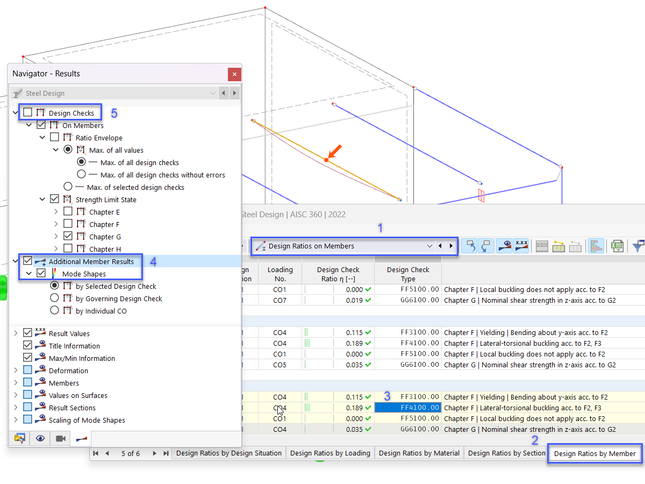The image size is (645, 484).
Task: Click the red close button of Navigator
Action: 234,74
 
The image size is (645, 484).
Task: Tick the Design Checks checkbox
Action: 27,112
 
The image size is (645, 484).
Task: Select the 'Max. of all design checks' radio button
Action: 81,162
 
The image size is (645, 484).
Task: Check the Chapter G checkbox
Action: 68,236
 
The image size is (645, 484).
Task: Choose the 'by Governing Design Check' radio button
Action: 54,298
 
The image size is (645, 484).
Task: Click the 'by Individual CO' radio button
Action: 54,310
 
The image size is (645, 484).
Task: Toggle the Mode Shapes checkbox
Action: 41,273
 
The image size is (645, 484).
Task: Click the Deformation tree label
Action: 68,371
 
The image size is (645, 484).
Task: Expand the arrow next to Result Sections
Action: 15,408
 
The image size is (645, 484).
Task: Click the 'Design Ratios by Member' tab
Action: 594,453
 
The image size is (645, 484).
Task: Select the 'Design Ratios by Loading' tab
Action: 330,453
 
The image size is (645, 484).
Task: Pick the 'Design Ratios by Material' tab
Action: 419,453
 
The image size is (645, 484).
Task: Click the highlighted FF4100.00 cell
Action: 408,408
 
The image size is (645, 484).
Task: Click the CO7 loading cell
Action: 279,300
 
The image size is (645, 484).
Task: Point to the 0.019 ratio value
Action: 354,300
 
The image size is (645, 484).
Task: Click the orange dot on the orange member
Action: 326,160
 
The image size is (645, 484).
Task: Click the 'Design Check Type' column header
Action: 408,274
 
